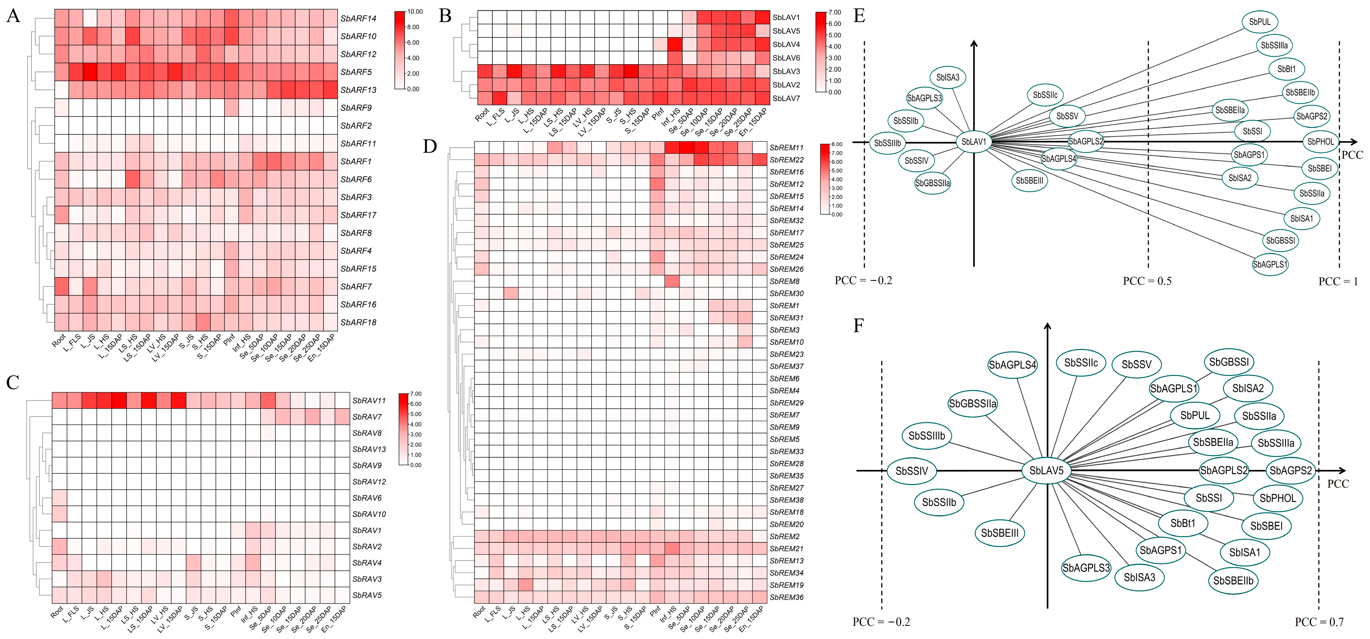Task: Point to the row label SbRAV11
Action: click(x=369, y=400)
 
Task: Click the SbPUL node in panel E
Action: click(x=1260, y=22)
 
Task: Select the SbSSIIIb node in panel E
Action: click(x=888, y=143)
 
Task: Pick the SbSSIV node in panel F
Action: click(x=912, y=471)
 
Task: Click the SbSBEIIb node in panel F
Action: click(x=1233, y=580)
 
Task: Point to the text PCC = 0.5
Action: click(x=1147, y=281)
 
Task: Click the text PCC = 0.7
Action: click(x=1319, y=621)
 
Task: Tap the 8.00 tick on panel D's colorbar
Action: click(x=837, y=144)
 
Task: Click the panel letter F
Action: click(x=858, y=326)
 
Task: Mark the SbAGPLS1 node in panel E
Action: click(x=1270, y=264)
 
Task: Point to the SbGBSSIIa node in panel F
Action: click(x=973, y=404)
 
